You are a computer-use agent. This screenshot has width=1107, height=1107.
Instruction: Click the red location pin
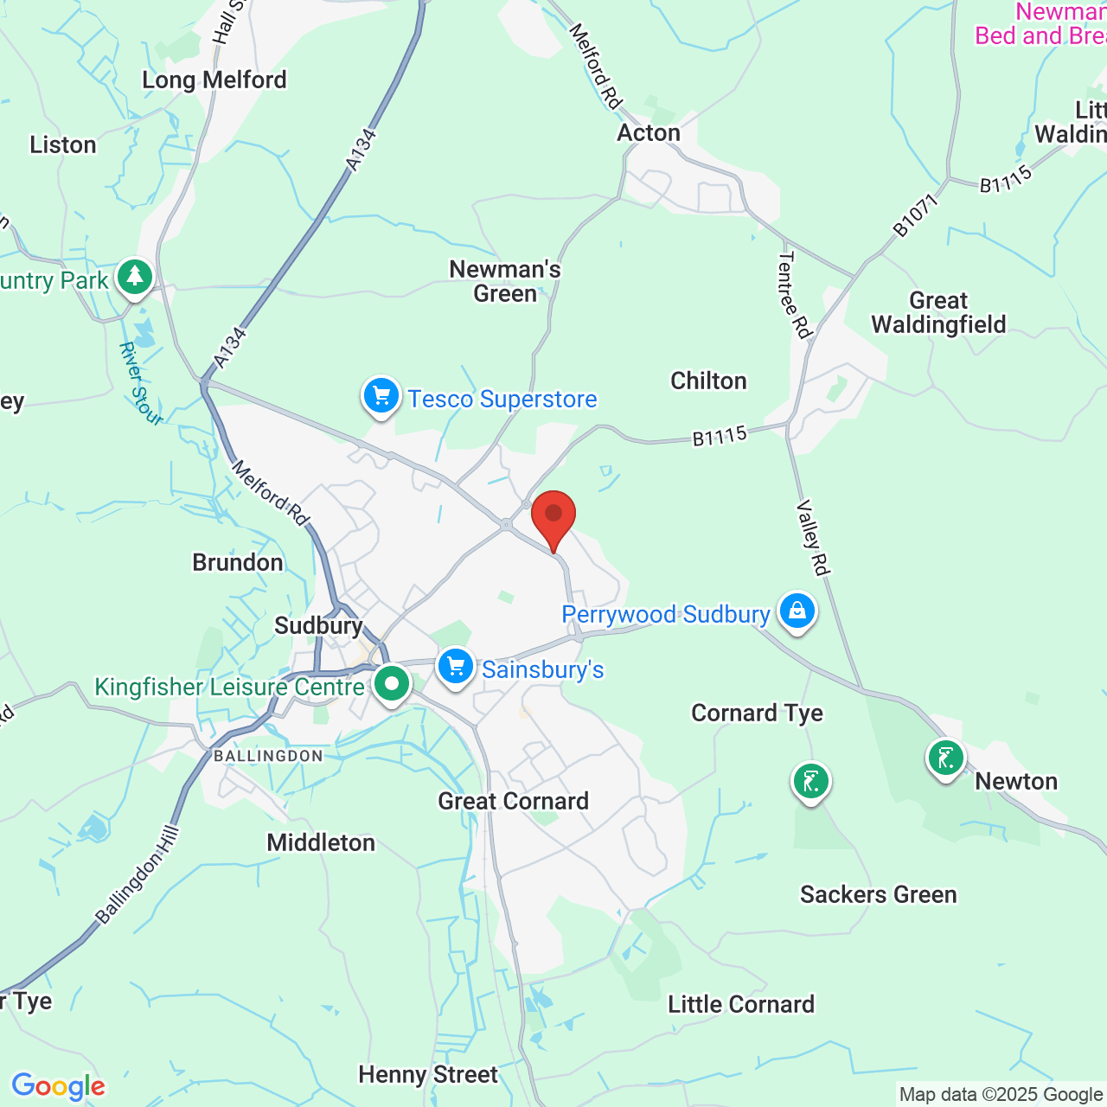click(553, 516)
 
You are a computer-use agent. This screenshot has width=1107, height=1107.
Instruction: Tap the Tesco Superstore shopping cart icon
click(381, 397)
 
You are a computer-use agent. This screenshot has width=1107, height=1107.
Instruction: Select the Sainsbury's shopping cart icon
click(456, 668)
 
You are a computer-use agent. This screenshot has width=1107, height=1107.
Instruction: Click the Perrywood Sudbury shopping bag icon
click(797, 611)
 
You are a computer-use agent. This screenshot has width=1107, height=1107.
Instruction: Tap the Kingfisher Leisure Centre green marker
click(392, 685)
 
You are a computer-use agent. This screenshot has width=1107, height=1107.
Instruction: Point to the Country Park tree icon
click(135, 278)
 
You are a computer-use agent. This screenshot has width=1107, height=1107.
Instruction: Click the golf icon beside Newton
click(945, 759)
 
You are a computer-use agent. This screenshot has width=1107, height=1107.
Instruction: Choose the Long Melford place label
click(214, 80)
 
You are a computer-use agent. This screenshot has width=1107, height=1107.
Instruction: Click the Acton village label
click(649, 132)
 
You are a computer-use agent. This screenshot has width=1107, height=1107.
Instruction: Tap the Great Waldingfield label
click(938, 313)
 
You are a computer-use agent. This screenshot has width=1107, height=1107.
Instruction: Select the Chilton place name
click(708, 381)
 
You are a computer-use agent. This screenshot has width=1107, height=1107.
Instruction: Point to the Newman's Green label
click(505, 282)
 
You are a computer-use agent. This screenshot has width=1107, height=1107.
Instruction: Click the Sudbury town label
click(318, 625)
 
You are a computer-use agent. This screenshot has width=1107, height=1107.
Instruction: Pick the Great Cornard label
click(513, 802)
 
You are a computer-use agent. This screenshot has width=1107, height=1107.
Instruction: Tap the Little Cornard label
click(741, 1004)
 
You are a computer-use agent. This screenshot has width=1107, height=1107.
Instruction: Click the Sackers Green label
click(878, 894)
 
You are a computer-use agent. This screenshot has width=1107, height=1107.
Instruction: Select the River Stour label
click(140, 384)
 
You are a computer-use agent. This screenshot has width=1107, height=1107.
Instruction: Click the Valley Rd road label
click(813, 538)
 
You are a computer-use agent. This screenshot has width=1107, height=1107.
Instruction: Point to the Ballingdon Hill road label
click(138, 875)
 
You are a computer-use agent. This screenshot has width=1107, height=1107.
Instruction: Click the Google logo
click(58, 1086)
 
